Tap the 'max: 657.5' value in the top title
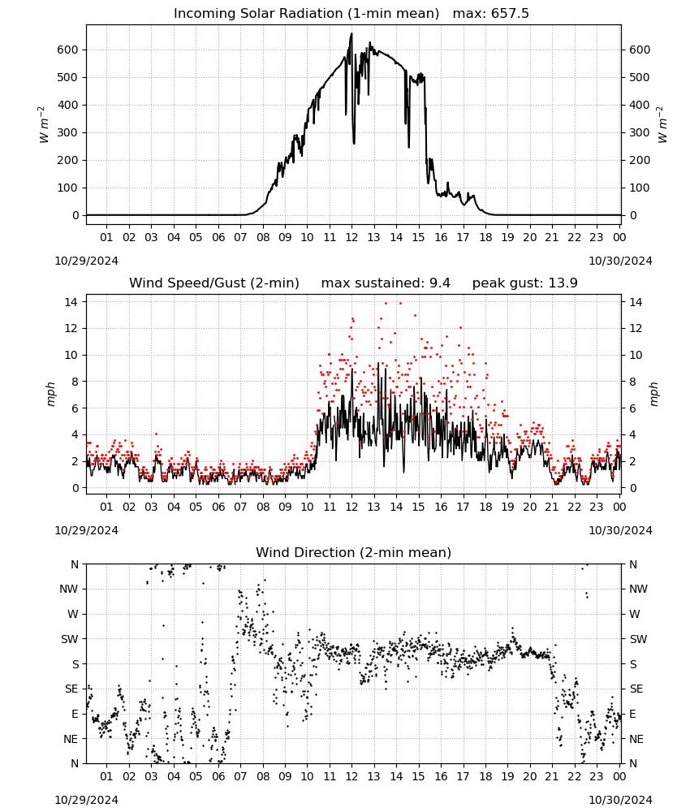pyautogui.click(x=491, y=13)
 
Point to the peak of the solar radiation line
pyautogui.click(x=352, y=33)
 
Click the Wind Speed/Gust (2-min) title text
pyautogui.click(x=213, y=283)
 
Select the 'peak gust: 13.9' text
pyautogui.click(x=525, y=283)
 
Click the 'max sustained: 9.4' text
pyautogui.click(x=386, y=283)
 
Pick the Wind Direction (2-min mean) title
pyautogui.click(x=354, y=552)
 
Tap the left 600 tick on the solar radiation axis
pyautogui.click(x=68, y=50)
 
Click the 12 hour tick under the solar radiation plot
pyautogui.click(x=352, y=237)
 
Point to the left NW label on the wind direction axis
pyautogui.click(x=69, y=589)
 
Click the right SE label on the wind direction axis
pyautogui.click(x=636, y=689)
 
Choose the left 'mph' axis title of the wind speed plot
pyautogui.click(x=50, y=394)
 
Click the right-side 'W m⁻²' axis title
pyautogui.click(x=662, y=124)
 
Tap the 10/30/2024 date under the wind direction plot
pyautogui.click(x=620, y=800)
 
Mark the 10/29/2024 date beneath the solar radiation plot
pyautogui.click(x=86, y=261)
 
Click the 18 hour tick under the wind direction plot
pyautogui.click(x=485, y=776)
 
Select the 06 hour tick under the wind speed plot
pyautogui.click(x=218, y=507)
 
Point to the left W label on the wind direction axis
pyautogui.click(x=73, y=614)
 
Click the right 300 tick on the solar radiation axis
pyautogui.click(x=640, y=132)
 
